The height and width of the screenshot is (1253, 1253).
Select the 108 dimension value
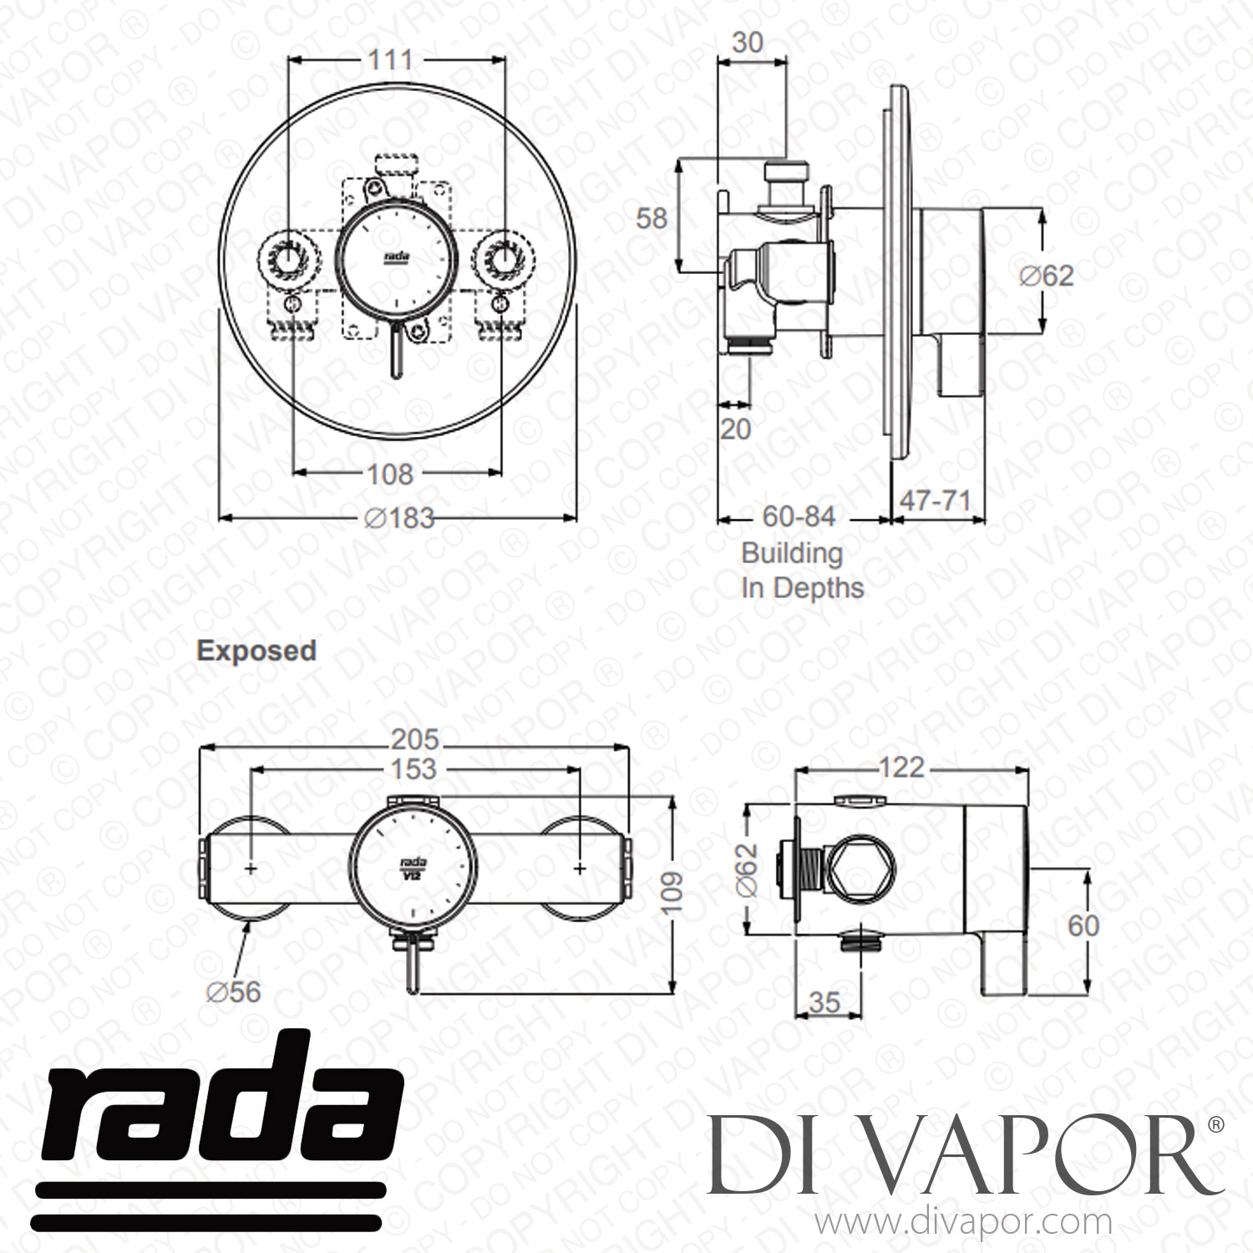click(390, 474)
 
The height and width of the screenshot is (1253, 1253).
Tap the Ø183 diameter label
click(400, 518)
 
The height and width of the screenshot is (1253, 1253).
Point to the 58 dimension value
click(652, 219)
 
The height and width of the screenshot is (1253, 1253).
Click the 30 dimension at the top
click(748, 42)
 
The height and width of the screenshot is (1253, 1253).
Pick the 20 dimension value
click(735, 429)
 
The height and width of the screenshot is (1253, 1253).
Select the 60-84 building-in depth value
click(799, 517)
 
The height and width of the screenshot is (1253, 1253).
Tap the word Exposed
click(256, 651)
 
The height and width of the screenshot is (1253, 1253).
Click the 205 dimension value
click(415, 739)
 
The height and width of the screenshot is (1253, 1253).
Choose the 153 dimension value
click(413, 769)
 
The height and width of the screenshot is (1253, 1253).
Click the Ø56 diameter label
click(234, 992)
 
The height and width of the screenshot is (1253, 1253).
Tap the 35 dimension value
click(824, 1002)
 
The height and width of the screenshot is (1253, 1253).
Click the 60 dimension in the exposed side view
click(1083, 926)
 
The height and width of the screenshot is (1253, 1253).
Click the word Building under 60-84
click(793, 554)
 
